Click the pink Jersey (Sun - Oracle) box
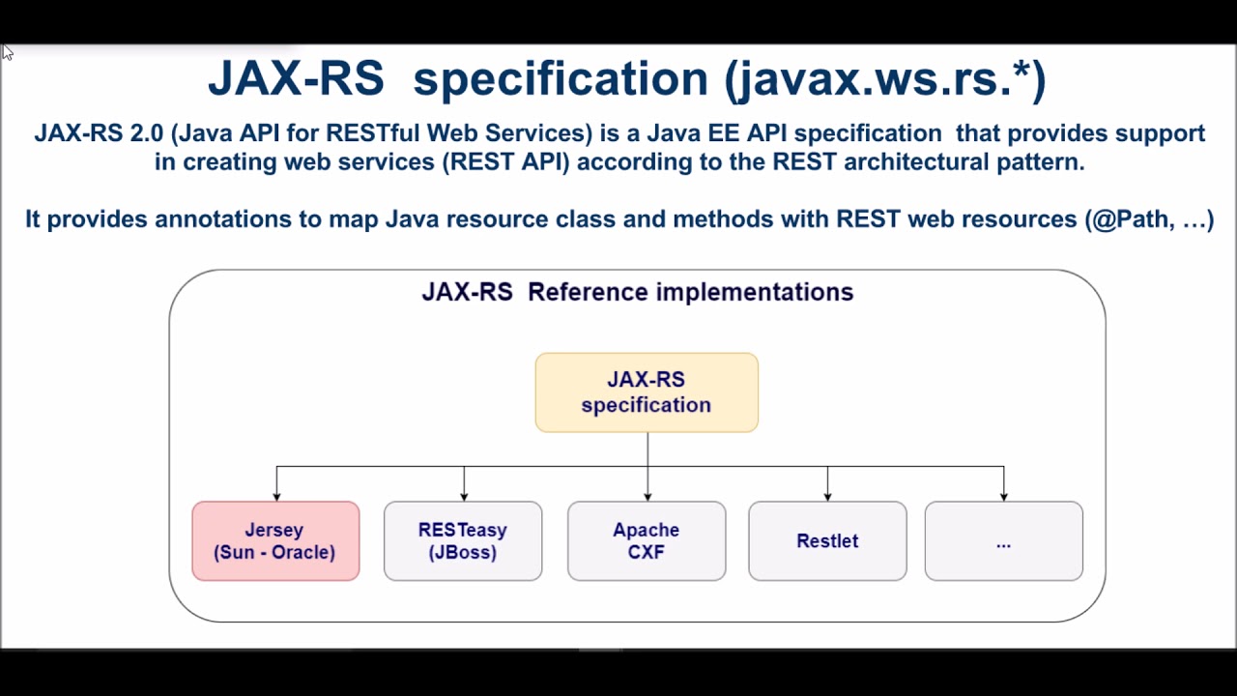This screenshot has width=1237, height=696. [275, 541]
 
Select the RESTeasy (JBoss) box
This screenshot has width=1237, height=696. [463, 541]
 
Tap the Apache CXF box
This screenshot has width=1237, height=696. [647, 541]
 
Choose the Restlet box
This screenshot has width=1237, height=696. [827, 541]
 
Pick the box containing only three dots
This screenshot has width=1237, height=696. [1003, 541]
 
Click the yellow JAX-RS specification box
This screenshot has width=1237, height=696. [647, 392]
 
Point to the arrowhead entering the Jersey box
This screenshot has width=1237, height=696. [276, 496]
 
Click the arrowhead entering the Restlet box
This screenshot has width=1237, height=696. [827, 496]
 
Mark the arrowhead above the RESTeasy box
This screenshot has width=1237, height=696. [464, 496]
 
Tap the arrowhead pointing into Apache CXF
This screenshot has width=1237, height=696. [647, 496]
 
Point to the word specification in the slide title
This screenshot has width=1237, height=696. [561, 79]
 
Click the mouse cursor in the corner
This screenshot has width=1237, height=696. [7, 52]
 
